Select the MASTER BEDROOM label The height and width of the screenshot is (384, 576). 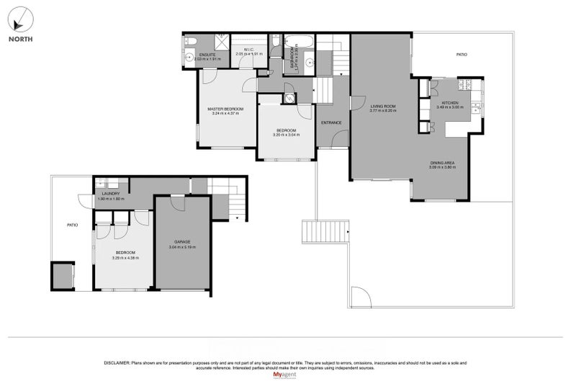pyautogui.click(x=225, y=109)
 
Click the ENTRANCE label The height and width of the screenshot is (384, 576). pyautogui.click(x=331, y=122)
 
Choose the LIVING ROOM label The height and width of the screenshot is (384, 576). pyautogui.click(x=383, y=106)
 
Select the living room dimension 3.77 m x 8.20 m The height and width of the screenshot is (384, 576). pyautogui.click(x=383, y=111)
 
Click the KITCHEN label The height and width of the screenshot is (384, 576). pyautogui.click(x=451, y=102)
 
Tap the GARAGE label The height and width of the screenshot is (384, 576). pyautogui.click(x=181, y=241)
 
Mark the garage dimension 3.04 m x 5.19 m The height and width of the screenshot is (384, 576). pyautogui.click(x=181, y=247)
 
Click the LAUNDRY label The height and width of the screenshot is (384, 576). pyautogui.click(x=110, y=194)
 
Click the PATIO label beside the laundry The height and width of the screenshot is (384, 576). pyautogui.click(x=72, y=226)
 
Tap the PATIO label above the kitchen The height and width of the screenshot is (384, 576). pyautogui.click(x=462, y=54)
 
